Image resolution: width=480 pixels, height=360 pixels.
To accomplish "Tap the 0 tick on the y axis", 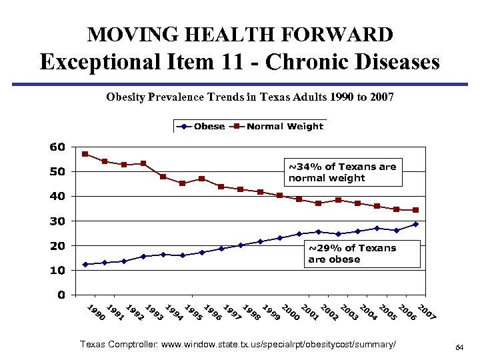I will tap(61, 295).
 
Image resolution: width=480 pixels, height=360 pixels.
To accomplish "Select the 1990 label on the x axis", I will tap(97, 312).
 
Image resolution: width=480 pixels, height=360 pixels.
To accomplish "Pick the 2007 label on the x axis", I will tap(427, 312).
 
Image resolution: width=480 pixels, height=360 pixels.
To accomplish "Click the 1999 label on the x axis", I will tap(271, 312).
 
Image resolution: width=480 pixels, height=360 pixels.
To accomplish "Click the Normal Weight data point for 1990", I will tap(85, 154).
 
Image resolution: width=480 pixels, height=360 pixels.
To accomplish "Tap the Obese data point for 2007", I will tap(415, 224).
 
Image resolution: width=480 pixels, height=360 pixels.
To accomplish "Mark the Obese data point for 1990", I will tap(85, 264).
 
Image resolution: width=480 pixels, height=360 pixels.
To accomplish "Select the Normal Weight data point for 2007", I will tap(415, 210).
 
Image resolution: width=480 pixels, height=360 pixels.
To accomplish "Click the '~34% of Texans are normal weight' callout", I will tap(343, 173).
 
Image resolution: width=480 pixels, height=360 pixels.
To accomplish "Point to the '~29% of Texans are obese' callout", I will tap(362, 254).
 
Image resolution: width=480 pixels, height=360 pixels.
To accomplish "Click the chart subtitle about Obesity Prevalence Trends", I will tap(250, 97).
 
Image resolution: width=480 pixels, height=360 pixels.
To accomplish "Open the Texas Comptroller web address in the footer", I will tap(237, 344).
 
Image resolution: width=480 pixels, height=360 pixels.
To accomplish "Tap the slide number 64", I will tap(459, 348).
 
